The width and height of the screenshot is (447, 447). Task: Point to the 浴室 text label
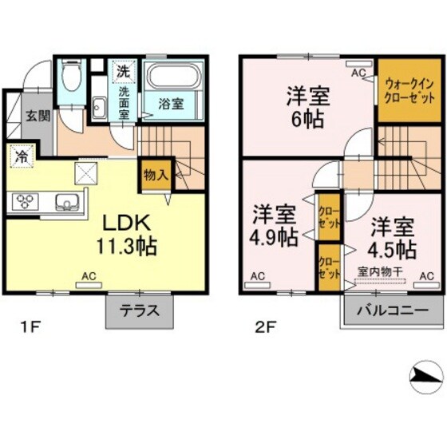click(170, 104)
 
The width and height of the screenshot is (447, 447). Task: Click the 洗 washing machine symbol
click(123, 70)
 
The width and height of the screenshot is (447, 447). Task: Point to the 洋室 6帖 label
click(307, 105)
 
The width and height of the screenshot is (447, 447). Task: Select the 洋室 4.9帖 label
click(275, 226)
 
